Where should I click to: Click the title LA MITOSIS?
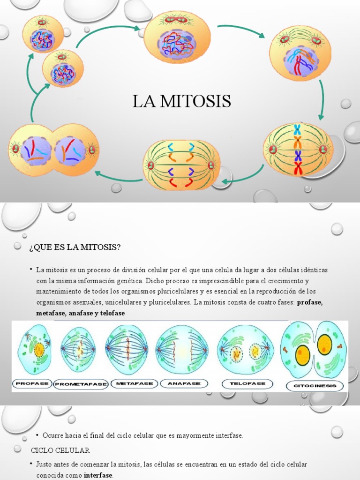coord(181,101)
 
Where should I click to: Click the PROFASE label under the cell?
coord(32,383)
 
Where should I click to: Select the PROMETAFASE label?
coord(81,384)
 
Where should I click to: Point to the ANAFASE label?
coord(183,383)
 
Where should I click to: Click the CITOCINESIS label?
coord(315,386)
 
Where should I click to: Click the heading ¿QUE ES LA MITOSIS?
coord(75,247)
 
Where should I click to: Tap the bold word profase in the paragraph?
coord(310,302)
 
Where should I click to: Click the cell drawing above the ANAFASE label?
coord(181,349)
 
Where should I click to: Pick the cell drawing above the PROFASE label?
coord(34,349)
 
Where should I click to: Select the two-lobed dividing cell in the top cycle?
coord(53,150)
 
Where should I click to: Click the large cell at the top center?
coord(177,38)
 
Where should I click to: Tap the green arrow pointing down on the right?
coord(321,100)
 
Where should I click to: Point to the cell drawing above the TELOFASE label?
coord(245,350)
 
